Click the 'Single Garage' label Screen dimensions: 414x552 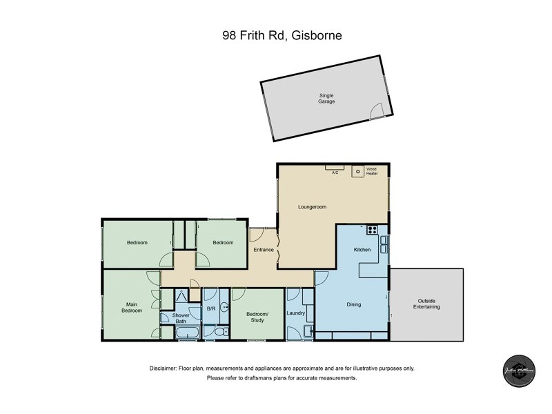point(326,98)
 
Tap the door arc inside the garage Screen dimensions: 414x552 point(375,110)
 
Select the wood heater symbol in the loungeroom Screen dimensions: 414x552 point(358,172)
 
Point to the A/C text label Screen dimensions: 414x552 point(335,172)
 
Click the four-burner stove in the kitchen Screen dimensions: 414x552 point(372,230)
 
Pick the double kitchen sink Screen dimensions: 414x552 point(384,245)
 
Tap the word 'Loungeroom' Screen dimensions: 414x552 point(312,206)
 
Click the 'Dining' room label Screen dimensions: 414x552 point(353,304)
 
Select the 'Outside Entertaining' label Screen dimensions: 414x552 point(428,304)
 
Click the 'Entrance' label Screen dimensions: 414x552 point(264,250)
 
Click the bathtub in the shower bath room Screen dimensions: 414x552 point(186,334)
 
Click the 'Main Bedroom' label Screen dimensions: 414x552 point(132,307)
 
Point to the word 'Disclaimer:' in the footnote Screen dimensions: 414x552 point(164,368)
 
